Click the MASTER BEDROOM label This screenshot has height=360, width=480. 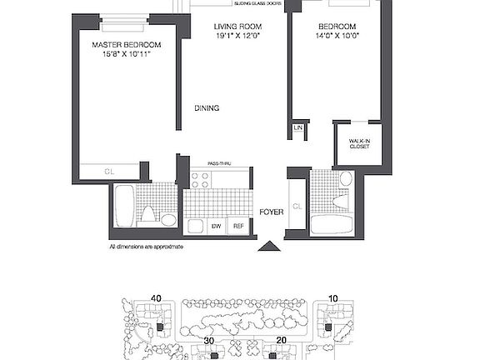(x=127, y=45)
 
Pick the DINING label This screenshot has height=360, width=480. (x=207, y=107)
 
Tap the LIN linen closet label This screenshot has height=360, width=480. (x=298, y=128)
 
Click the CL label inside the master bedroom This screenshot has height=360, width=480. (x=109, y=172)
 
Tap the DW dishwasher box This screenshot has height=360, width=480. (x=215, y=226)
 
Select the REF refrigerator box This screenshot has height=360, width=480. (x=237, y=226)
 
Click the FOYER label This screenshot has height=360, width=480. (x=271, y=212)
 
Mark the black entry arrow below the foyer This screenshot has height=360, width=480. (x=267, y=247)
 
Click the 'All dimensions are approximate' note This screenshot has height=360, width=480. (x=146, y=247)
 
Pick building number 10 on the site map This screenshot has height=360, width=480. (x=332, y=298)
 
